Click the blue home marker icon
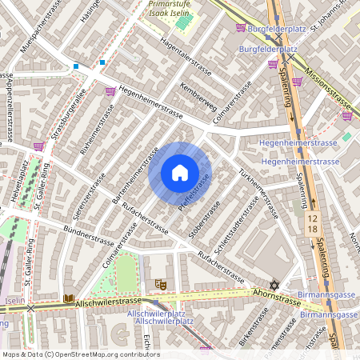[x=179, y=173]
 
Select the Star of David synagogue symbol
[x=274, y=286]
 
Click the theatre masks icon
[x=160, y=284]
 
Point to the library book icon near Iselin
[x=68, y=299]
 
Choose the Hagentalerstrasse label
[x=186, y=57]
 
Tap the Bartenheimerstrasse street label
[x=132, y=174]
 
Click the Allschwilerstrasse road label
[x=113, y=303]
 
